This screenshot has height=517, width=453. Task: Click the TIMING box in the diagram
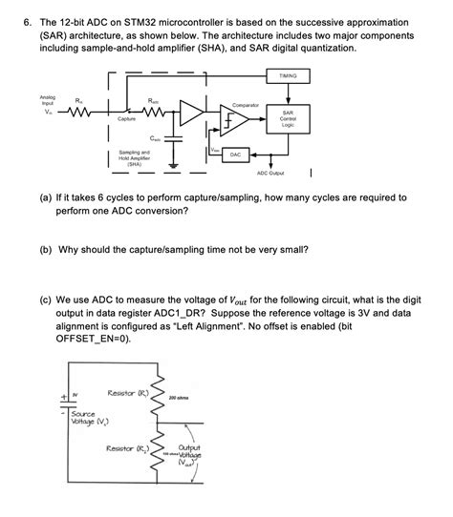click(x=287, y=75)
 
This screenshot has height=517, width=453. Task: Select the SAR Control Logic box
click(x=287, y=117)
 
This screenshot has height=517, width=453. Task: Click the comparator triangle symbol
click(x=238, y=120)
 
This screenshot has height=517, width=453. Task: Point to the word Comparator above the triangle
click(x=248, y=104)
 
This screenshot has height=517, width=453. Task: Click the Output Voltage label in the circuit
click(x=188, y=454)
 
